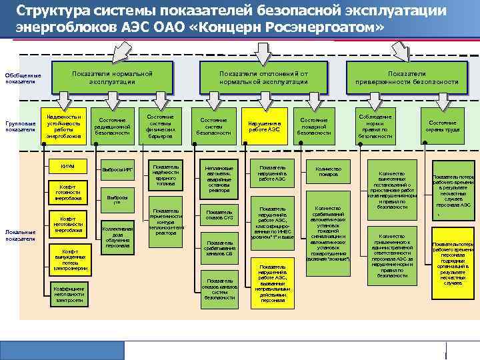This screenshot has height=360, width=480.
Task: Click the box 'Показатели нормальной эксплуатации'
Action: point(113,77)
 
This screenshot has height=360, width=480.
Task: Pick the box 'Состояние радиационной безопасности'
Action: point(112,126)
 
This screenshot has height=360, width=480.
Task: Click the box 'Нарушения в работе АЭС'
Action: point(265,126)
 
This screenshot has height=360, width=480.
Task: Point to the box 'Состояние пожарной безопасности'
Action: point(314,126)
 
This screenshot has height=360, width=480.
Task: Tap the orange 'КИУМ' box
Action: point(67,165)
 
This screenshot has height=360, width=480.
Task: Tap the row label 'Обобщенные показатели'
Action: point(19,78)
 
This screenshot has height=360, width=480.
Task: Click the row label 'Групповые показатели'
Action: point(20,126)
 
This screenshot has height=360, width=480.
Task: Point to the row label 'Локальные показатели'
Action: point(20,235)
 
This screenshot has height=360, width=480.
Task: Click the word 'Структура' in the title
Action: point(50,11)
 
